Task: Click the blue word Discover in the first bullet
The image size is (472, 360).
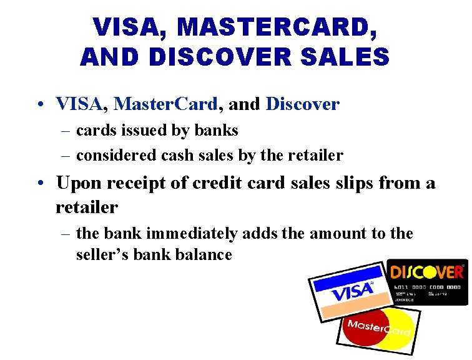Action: [x=303, y=104]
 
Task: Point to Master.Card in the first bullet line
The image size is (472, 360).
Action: [x=166, y=104]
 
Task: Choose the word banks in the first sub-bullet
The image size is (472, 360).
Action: [x=217, y=130]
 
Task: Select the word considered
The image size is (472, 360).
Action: [x=113, y=155]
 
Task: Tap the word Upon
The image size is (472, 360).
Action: [x=79, y=183]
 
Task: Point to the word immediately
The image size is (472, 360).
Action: [x=192, y=234]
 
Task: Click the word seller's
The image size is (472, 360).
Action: [x=101, y=255]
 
